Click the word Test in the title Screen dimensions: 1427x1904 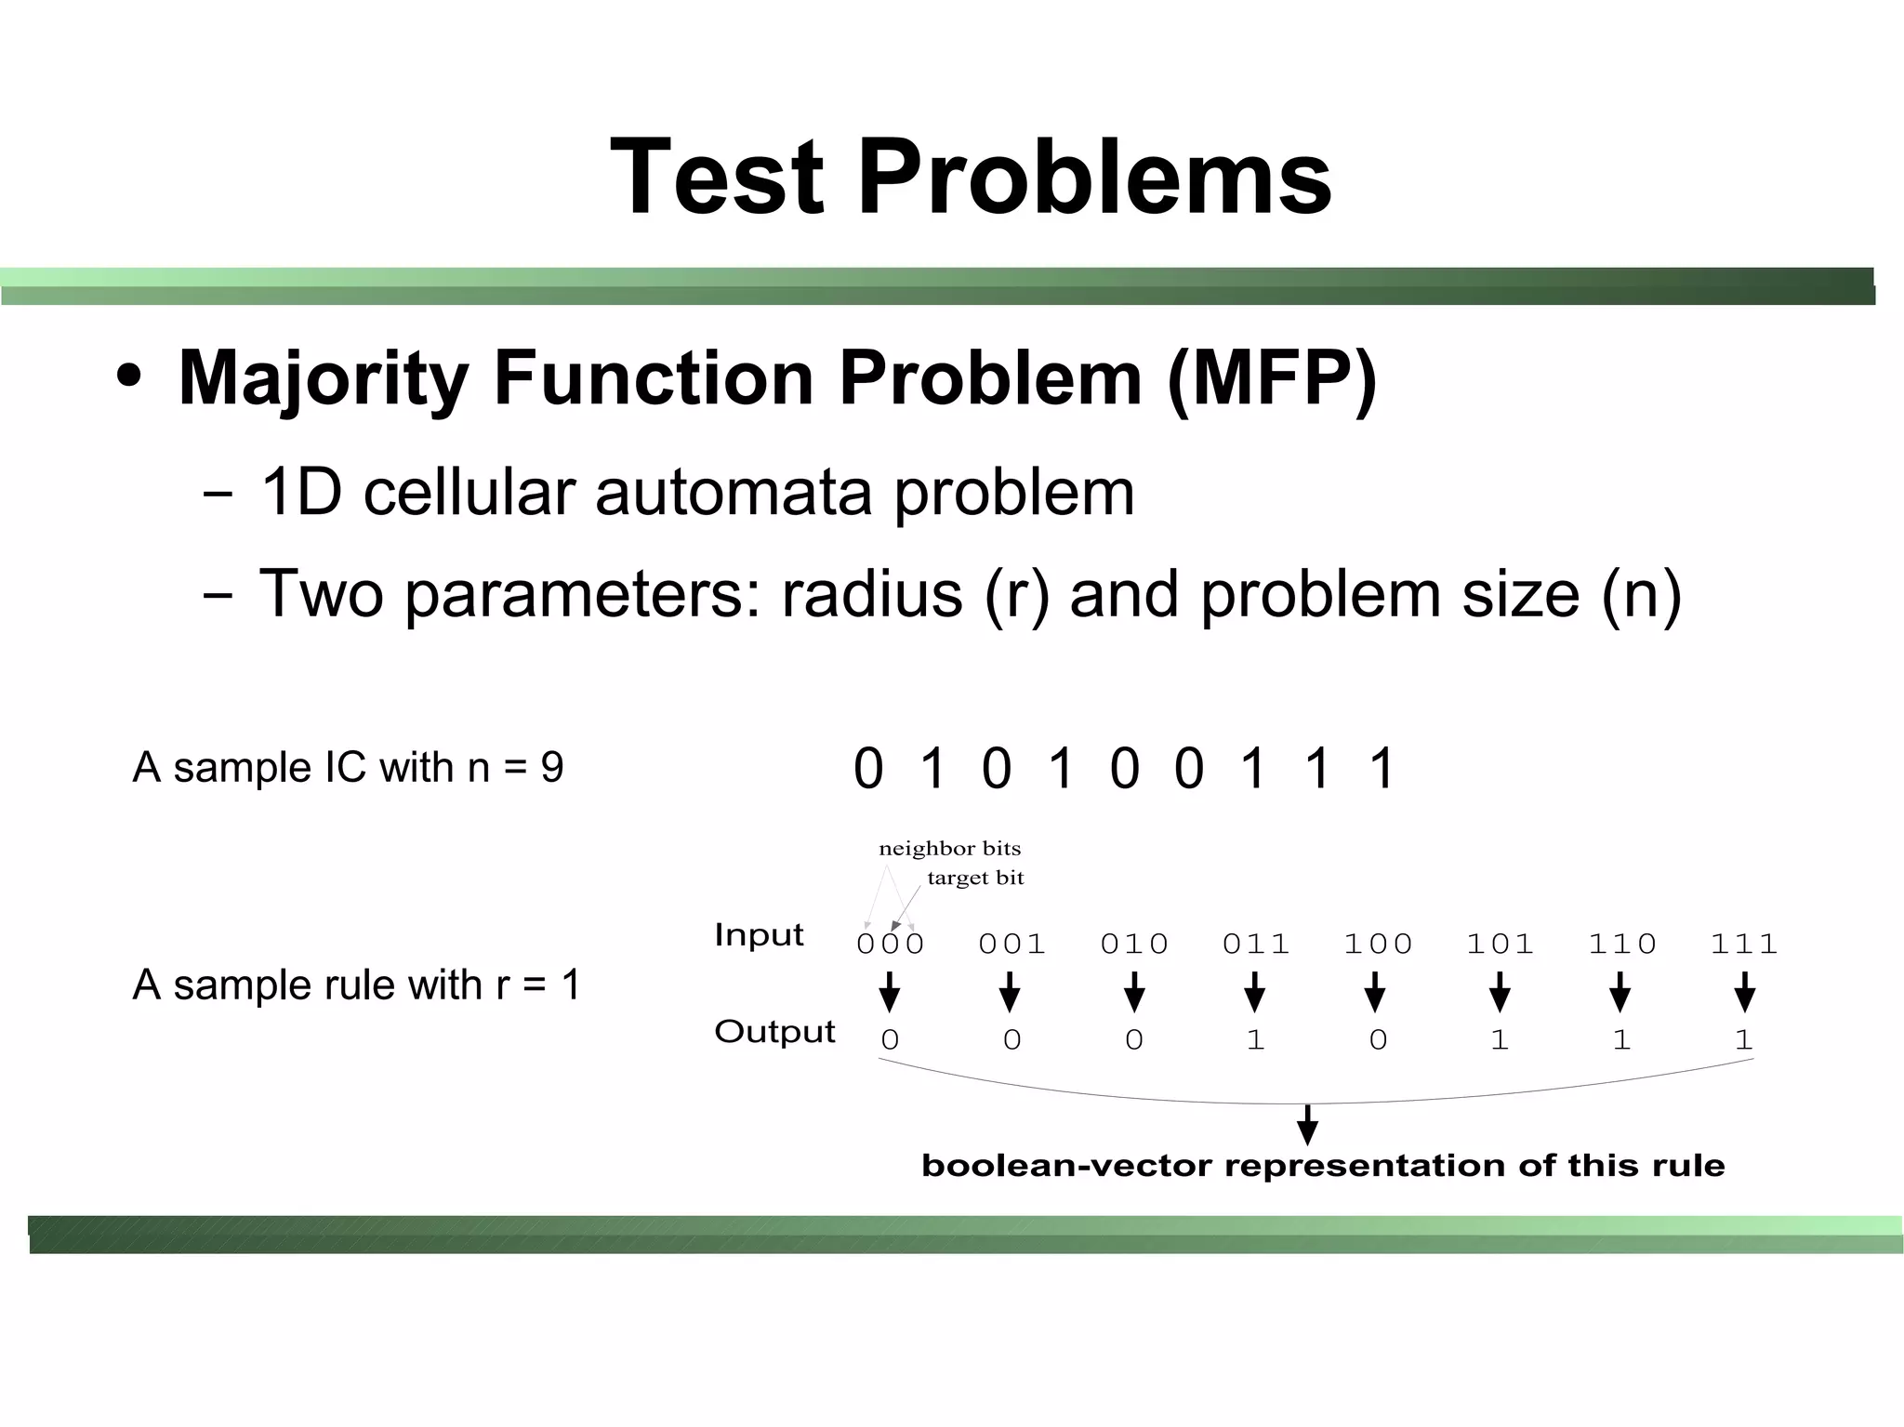coord(717,177)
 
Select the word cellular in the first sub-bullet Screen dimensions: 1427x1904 coord(470,492)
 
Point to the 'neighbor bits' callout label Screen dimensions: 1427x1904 coord(949,848)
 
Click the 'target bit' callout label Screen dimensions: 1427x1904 coord(975,878)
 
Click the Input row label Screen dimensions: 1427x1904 coord(759,934)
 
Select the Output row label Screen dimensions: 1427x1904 coord(774,1031)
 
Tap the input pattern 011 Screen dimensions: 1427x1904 coord(1255,944)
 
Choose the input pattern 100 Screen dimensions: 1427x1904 coord(1378,944)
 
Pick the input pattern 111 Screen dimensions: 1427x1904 coord(1743,944)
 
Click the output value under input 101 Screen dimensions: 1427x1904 coord(1499,1039)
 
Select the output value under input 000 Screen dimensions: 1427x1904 coord(890,1039)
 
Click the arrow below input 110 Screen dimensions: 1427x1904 coord(1620,992)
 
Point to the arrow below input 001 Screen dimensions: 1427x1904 coord(1010,992)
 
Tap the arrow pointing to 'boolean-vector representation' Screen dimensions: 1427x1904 coord(1307,1126)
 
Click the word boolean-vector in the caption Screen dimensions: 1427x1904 coord(1066,1166)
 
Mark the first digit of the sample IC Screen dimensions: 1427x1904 coord(867,769)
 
